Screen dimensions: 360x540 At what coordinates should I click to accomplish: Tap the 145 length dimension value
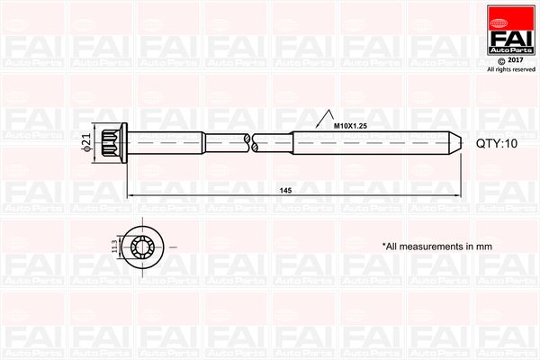click(285, 191)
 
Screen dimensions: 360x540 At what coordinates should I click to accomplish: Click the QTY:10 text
click(495, 143)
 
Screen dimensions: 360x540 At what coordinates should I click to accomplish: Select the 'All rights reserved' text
click(509, 68)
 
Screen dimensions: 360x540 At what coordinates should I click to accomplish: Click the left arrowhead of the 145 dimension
click(129, 195)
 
